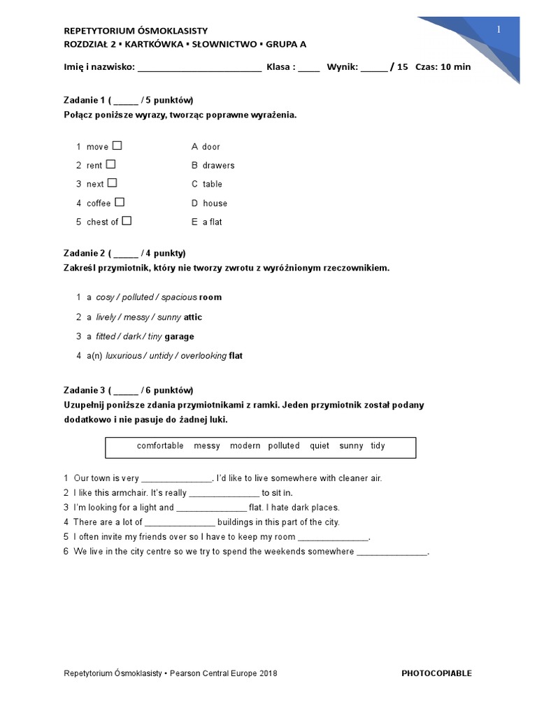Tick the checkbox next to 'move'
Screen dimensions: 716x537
(117, 145)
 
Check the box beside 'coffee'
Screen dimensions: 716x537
(120, 202)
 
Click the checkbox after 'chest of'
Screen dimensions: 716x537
(127, 221)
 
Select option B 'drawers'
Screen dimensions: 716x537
(218, 166)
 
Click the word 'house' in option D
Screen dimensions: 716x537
(215, 203)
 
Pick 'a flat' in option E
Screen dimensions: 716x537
(212, 222)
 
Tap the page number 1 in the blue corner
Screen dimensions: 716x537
(499, 29)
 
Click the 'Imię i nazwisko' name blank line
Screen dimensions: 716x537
(199, 68)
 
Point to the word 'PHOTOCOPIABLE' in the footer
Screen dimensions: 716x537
(436, 673)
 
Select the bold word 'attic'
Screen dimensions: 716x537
(193, 317)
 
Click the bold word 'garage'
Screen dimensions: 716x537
(179, 336)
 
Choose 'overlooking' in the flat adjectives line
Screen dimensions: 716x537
(203, 356)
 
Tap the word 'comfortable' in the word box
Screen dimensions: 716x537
(160, 445)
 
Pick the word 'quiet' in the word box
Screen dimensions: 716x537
(320, 445)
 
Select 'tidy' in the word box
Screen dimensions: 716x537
(378, 445)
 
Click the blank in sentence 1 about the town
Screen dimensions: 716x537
(177, 480)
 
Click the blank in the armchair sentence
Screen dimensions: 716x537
(224, 494)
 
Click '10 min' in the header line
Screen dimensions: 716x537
(457, 67)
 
